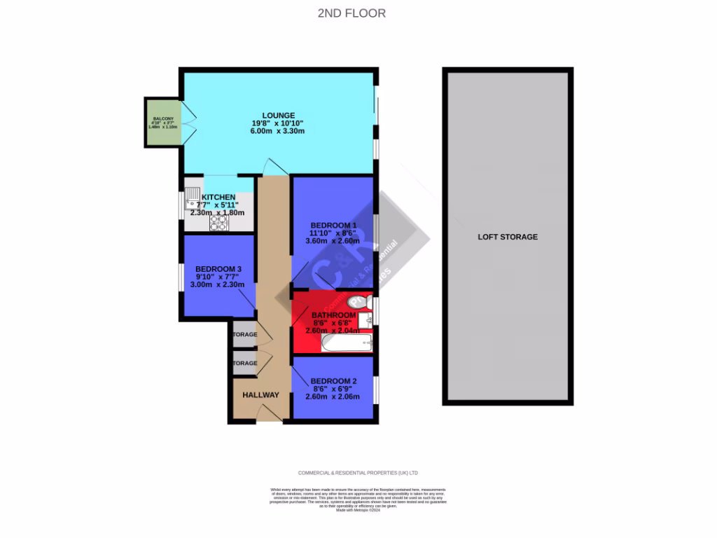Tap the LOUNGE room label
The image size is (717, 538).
[278, 116]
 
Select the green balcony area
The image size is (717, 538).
[162, 122]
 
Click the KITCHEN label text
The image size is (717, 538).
[218, 198]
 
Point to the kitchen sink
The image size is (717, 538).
[193, 198]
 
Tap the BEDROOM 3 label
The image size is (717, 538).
[218, 269]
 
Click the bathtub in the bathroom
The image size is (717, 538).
[347, 343]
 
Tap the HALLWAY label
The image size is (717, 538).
[260, 395]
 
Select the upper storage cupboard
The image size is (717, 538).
[244, 335]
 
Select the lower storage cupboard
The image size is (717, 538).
[244, 363]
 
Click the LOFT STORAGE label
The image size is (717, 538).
[508, 237]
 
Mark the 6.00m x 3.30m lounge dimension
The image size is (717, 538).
[278, 132]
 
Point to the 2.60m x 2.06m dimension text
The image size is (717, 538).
[333, 396]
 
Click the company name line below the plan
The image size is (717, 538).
[358, 473]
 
